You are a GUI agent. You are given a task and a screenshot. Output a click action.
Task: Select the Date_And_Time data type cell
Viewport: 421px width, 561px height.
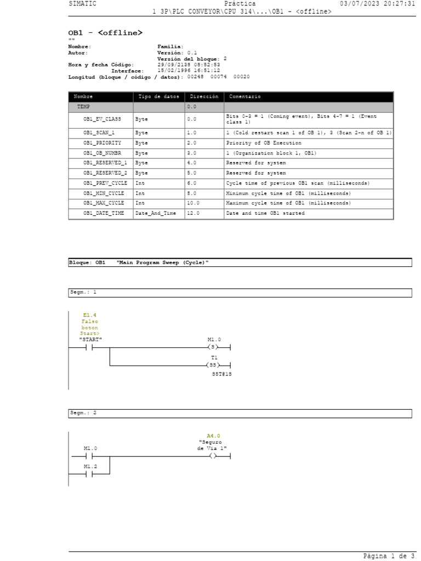[156, 213]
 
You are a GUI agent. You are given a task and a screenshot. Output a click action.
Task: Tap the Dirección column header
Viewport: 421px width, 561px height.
[204, 96]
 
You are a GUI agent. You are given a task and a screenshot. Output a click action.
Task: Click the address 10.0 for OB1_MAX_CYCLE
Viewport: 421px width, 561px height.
[192, 203]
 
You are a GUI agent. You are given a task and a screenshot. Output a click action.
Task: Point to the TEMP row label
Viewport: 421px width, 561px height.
[83, 107]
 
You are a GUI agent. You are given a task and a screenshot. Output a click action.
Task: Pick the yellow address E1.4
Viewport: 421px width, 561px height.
[90, 315]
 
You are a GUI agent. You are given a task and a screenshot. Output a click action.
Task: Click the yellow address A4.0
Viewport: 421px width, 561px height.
[213, 436]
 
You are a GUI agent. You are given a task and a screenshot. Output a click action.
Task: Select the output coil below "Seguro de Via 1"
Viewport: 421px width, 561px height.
[213, 456]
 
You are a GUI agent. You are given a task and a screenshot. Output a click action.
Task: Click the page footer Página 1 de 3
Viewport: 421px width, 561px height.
[389, 556]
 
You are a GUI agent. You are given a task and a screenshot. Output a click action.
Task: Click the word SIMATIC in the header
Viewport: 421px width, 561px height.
[82, 4]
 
